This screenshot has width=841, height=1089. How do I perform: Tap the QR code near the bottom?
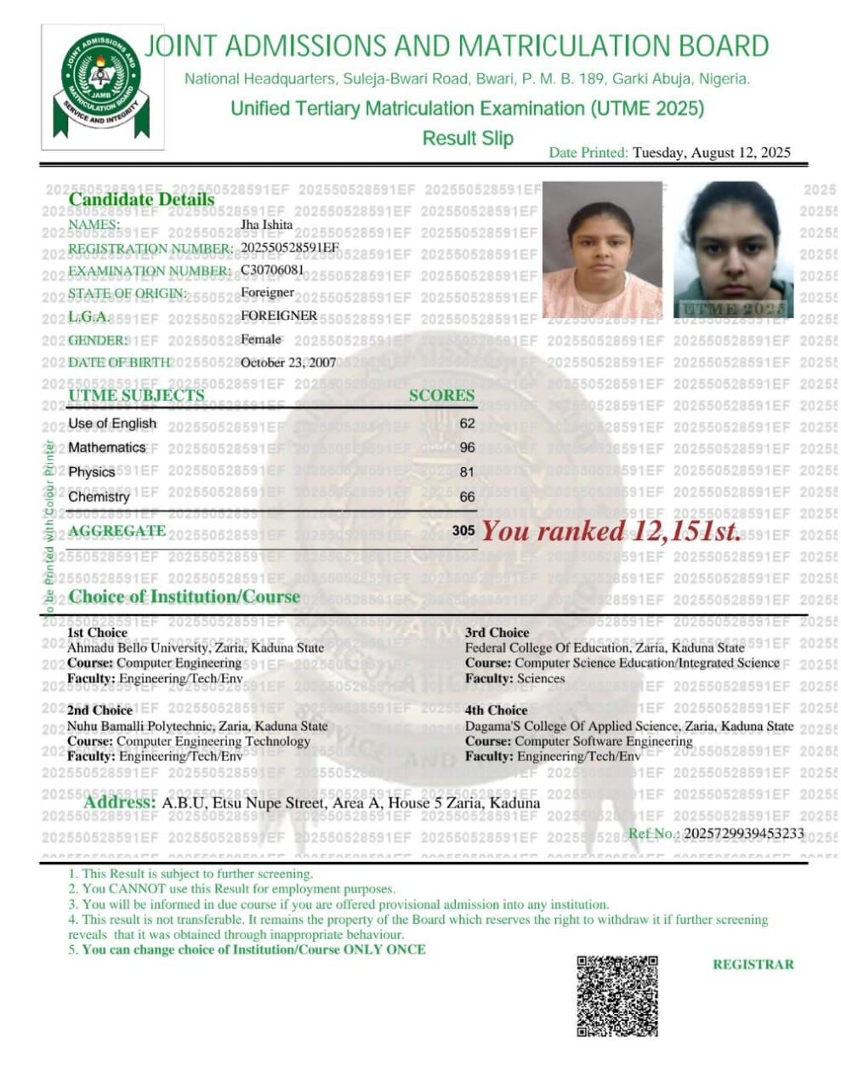point(617,995)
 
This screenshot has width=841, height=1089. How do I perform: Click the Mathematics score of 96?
point(467,448)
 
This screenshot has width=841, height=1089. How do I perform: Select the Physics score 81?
point(467,472)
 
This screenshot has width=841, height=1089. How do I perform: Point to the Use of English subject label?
point(112,423)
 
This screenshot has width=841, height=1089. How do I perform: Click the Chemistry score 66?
point(467,497)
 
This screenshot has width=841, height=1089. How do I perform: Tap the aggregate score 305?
point(463,531)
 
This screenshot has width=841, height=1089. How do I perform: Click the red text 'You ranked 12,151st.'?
point(611,532)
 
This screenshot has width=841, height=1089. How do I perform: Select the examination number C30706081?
point(272,271)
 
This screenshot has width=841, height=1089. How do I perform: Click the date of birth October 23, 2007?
point(288,362)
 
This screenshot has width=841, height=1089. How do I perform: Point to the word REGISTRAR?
point(753,965)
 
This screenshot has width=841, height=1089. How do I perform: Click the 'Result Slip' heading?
point(468,138)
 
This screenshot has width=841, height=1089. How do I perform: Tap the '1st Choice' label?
point(97,632)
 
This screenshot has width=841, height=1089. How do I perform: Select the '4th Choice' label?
point(496,710)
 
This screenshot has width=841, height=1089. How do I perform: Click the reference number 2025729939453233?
point(743,833)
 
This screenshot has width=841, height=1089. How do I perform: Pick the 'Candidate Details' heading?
point(141,200)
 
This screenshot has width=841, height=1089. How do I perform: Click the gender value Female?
point(261,339)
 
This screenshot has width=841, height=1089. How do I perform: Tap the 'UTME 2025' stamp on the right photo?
point(732,309)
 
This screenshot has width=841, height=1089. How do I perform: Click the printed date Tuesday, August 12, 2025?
point(711,153)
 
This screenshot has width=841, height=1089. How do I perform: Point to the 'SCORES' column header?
point(441,396)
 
